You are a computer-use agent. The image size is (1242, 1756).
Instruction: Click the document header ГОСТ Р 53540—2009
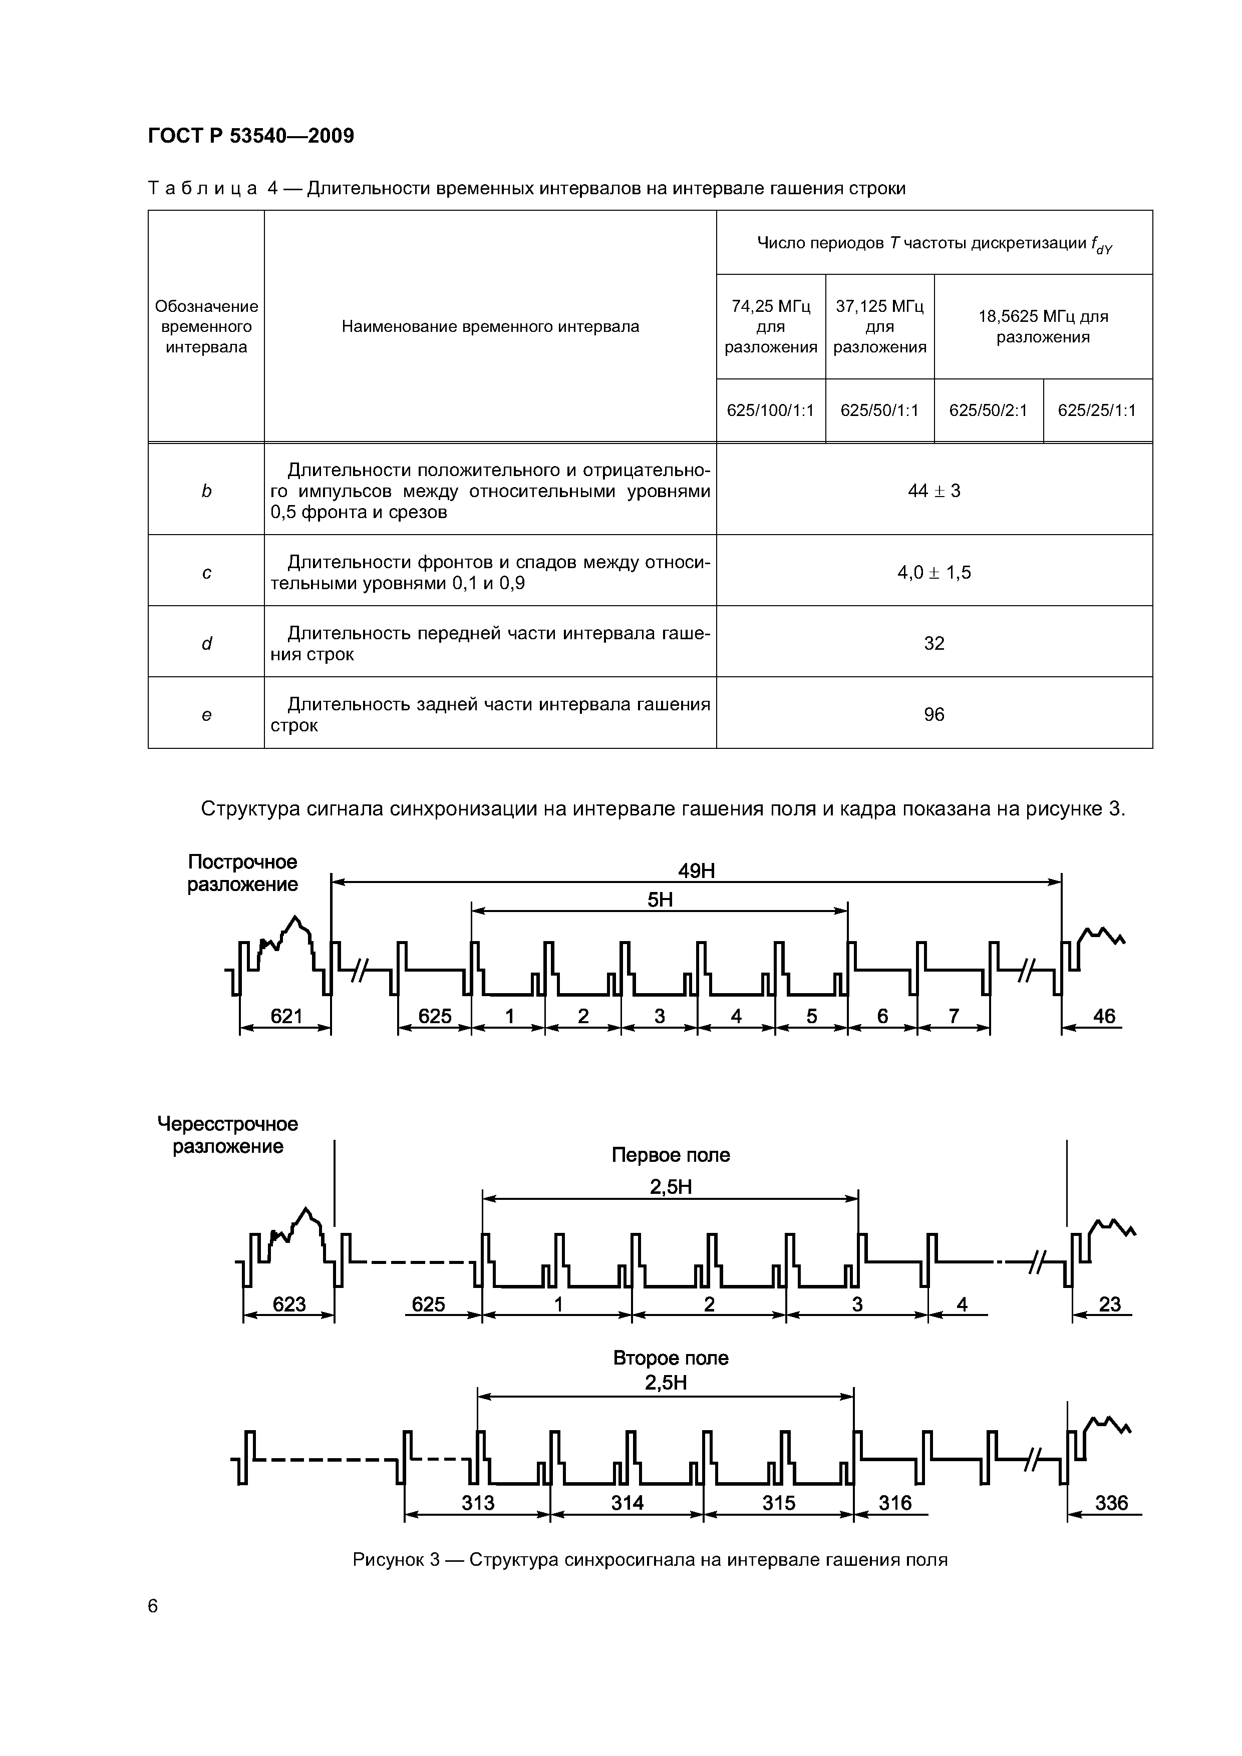point(251,136)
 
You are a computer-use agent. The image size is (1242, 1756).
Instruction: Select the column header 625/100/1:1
point(771,410)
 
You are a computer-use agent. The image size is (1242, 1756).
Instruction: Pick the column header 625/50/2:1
point(988,410)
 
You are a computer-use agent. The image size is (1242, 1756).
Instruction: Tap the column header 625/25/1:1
point(1097,410)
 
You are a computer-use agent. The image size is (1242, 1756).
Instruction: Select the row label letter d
point(206,644)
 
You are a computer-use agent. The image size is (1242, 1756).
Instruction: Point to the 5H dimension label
point(660,900)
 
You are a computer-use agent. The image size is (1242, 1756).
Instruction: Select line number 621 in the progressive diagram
point(287,1017)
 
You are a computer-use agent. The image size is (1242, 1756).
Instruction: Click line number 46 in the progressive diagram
point(1103,1017)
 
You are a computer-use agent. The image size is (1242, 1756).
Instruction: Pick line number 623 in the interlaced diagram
point(289,1304)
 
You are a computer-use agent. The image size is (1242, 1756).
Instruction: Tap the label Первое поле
point(671,1155)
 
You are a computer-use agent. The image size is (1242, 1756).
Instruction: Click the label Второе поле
point(671,1358)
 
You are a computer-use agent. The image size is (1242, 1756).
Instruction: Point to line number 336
point(1111,1503)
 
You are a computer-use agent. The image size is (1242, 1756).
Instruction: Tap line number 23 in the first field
point(1109,1304)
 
